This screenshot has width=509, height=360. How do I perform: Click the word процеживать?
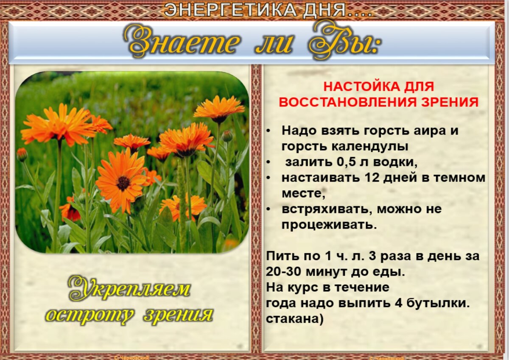click(x=329, y=225)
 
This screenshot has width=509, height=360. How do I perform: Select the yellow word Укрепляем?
click(x=129, y=290)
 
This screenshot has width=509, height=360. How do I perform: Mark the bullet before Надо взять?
click(x=269, y=131)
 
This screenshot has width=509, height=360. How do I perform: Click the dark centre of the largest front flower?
click(x=123, y=183)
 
